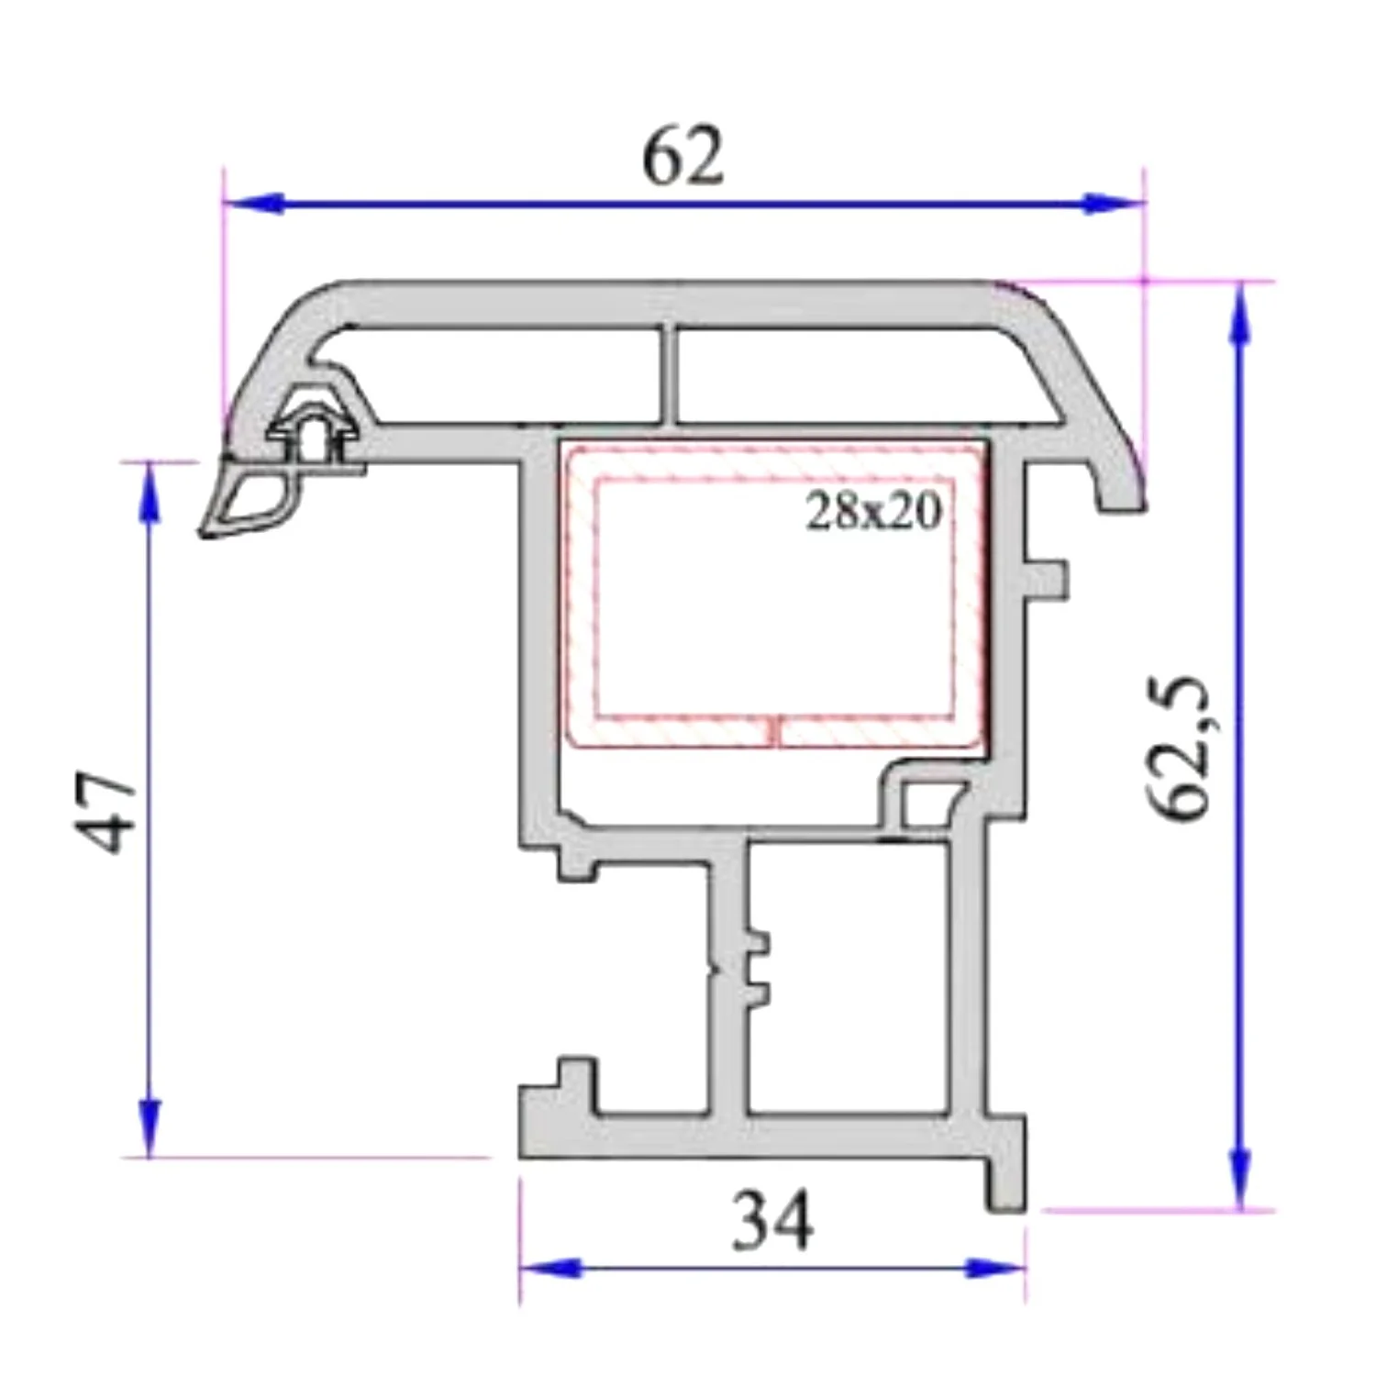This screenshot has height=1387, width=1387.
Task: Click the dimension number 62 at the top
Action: point(683,157)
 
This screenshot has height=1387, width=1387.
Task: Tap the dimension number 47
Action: point(108,811)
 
